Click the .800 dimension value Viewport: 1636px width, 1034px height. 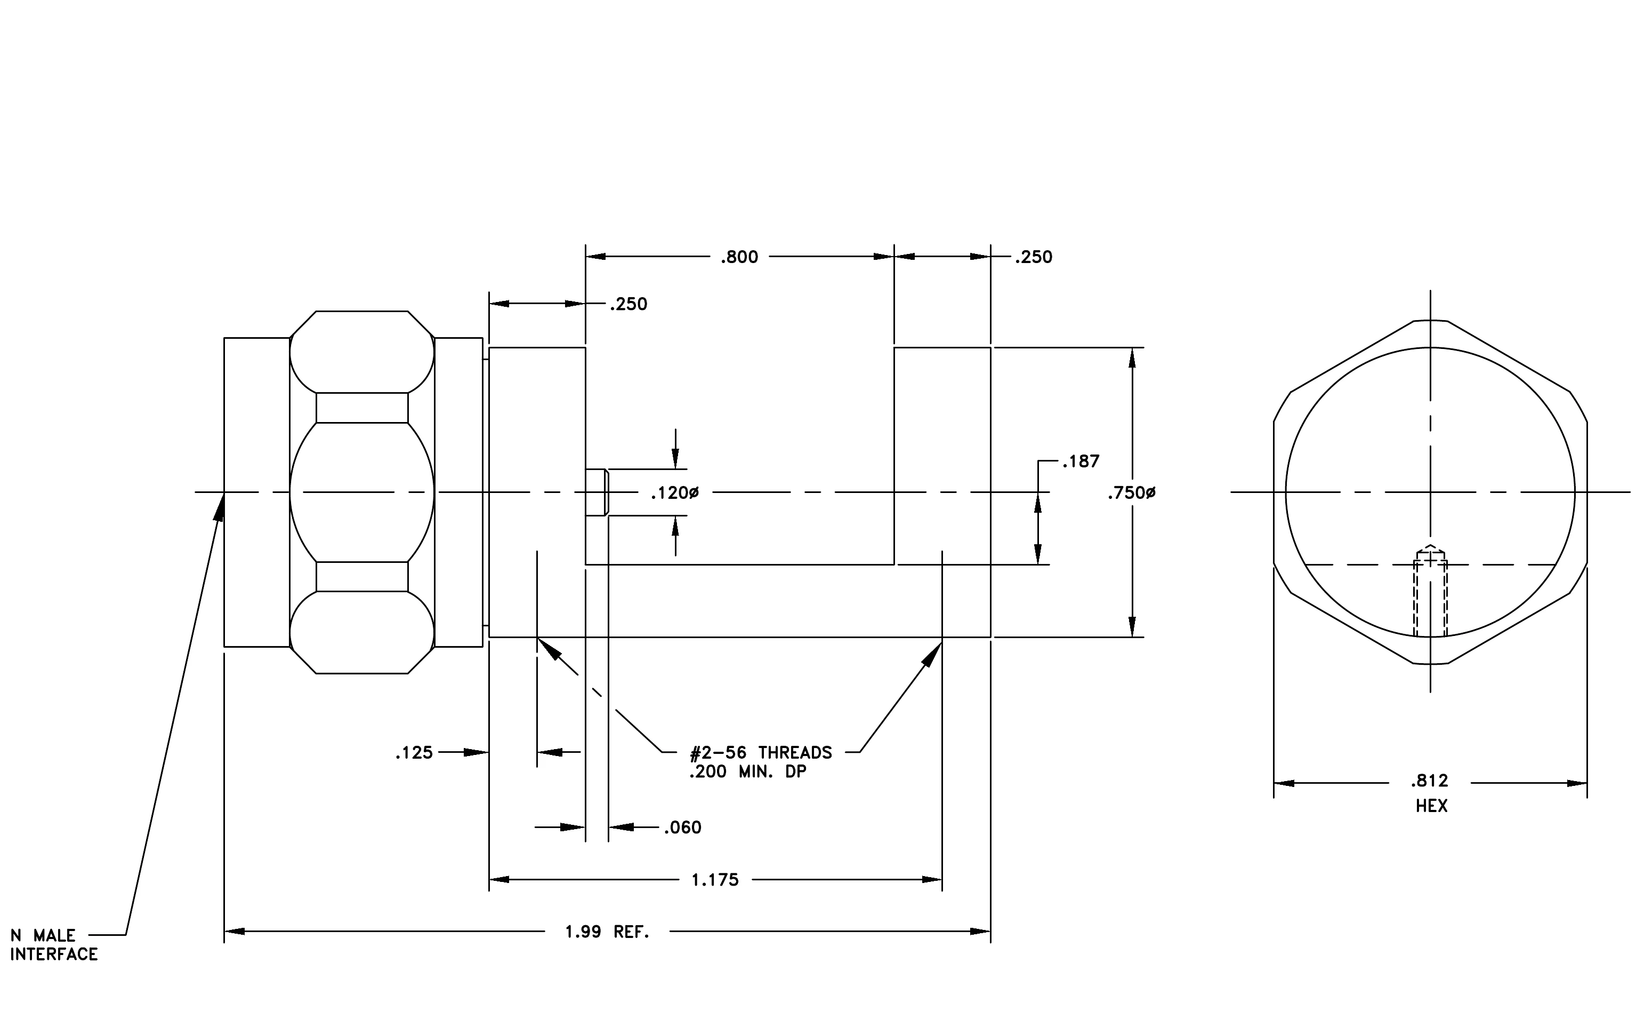tap(739, 257)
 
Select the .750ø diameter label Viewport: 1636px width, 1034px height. tap(1131, 493)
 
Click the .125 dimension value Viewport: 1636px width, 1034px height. tap(414, 752)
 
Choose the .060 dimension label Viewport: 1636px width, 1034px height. tap(683, 828)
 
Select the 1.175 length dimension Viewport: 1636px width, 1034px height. tap(715, 880)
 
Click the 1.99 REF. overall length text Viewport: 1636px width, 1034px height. tap(607, 932)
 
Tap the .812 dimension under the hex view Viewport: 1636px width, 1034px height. tap(1430, 781)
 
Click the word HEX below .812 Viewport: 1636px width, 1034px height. tap(1431, 806)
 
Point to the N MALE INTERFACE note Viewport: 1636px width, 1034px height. tap(54, 945)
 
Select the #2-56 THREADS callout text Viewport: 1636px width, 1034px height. tap(761, 752)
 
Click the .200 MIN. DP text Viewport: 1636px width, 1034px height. tap(747, 771)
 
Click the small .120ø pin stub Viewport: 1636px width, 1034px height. tap(597, 493)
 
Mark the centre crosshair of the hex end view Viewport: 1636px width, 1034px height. tap(1431, 491)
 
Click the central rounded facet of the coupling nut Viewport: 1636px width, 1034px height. tap(362, 492)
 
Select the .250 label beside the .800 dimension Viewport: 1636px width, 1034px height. tap(1034, 257)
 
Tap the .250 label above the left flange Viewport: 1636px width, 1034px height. tap(628, 304)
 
